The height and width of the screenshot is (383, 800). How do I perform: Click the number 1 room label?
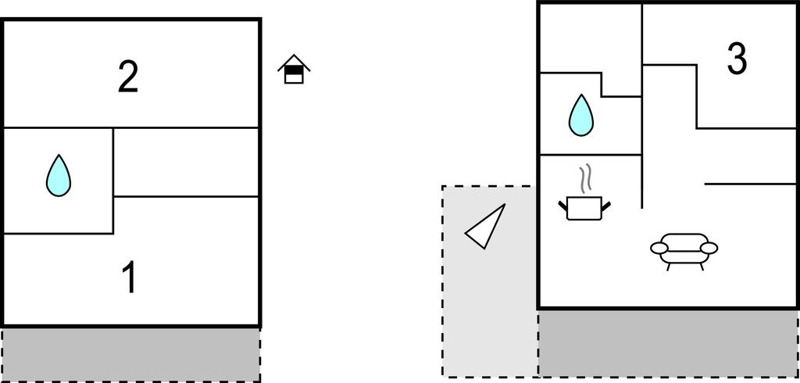click(130, 277)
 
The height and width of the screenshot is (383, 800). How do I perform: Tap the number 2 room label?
click(129, 77)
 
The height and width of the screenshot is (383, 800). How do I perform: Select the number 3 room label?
click(736, 59)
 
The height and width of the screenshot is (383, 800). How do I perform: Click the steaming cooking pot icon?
click(584, 207)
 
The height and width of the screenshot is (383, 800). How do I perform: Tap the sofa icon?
click(684, 249)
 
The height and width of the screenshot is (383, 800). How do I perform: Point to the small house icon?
click(294, 70)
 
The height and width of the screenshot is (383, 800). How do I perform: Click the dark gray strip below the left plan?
click(130, 354)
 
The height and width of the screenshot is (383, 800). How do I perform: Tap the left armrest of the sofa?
click(660, 249)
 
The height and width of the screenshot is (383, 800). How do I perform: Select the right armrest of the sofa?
click(708, 249)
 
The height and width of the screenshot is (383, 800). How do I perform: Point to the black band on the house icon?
click(294, 71)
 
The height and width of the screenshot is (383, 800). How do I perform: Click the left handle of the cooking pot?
click(563, 206)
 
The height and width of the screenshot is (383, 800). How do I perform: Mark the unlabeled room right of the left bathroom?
click(186, 162)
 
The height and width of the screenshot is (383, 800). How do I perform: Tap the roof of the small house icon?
click(294, 61)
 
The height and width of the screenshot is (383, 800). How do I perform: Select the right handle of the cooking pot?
click(605, 206)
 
